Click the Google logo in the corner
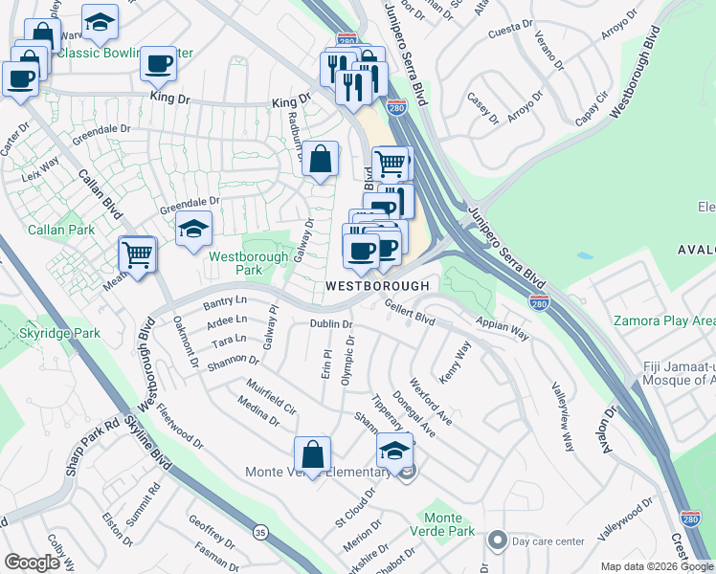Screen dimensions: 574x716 coord(33,563)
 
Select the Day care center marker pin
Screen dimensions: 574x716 coord(496,541)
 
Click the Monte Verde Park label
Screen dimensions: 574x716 coord(441,523)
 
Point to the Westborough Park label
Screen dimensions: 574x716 coord(235,263)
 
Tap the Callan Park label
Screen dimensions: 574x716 coord(61,231)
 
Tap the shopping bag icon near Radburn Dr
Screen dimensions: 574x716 coord(321,160)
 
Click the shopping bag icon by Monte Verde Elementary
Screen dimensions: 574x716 coord(312,453)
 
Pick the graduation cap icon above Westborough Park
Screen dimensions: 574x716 coord(192,229)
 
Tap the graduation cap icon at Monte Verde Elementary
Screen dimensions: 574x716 coord(395,452)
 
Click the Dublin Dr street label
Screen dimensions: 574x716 coord(331,324)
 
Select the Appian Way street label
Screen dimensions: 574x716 coord(507,330)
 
